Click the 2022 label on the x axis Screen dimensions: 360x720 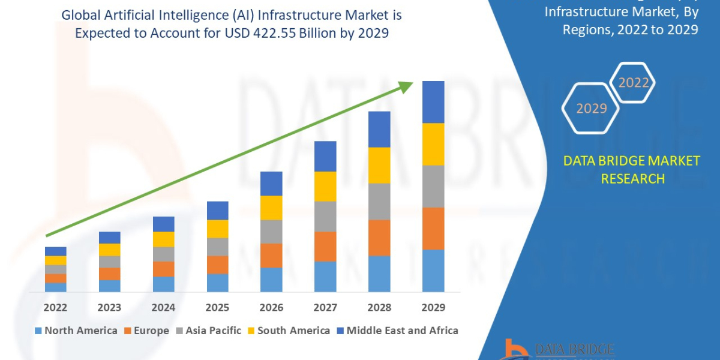coord(55,307)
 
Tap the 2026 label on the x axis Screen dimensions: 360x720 coord(271,307)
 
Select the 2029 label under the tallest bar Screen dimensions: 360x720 coord(433,307)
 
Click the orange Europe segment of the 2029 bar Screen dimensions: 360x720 coord(433,229)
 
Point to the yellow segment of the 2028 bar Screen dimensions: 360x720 coord(379,165)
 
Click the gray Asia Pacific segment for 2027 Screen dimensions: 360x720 coord(325,216)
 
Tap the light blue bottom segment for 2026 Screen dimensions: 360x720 coord(271,280)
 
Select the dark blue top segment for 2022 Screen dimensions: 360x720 coord(55,251)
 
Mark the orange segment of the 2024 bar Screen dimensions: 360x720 coord(163,269)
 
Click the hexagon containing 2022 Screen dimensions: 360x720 coord(633,83)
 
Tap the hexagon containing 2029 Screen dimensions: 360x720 coord(591,109)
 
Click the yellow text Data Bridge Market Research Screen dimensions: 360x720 coord(632,170)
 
